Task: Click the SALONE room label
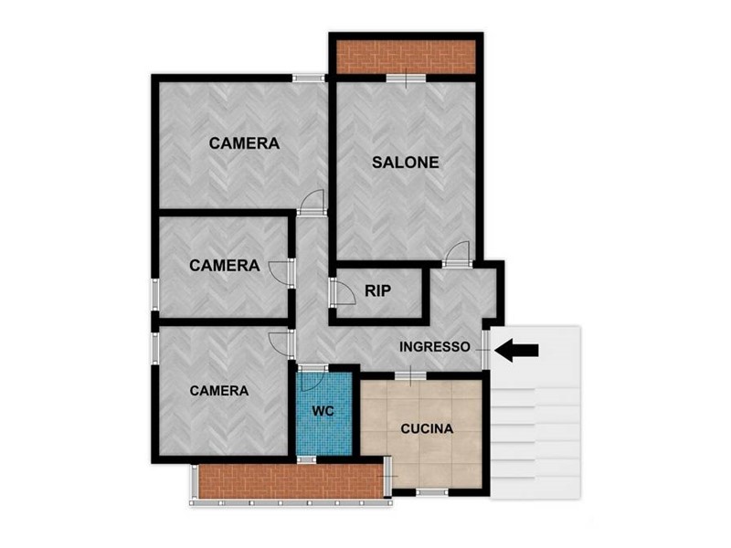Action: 405,163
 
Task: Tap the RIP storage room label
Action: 377,290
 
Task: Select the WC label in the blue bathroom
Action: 323,411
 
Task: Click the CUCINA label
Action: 427,428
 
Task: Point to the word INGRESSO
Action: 435,347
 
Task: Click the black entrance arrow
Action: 516,350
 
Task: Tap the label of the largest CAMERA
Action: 244,143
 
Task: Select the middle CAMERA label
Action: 224,266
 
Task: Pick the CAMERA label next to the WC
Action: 219,391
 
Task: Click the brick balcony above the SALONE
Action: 406,57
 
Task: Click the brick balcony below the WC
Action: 291,481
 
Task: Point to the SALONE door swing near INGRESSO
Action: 457,253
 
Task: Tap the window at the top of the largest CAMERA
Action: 309,78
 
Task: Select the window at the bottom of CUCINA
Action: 431,492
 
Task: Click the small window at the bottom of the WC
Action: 306,460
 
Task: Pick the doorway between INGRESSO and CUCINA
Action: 410,375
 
